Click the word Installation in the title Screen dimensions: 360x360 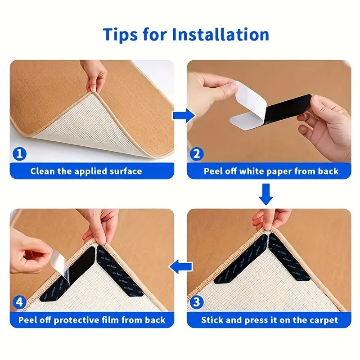click(x=218, y=34)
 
